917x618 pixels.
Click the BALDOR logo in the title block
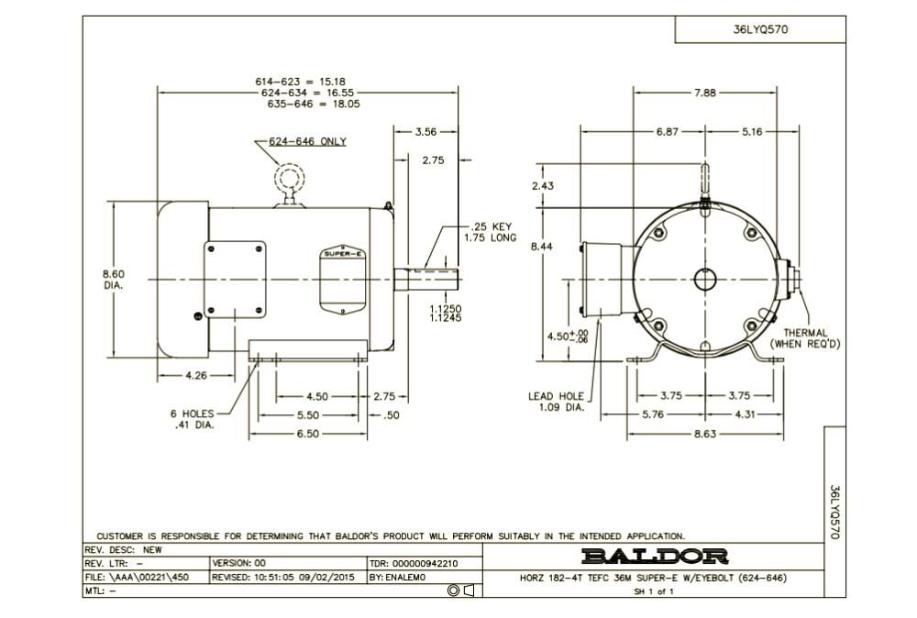(x=655, y=557)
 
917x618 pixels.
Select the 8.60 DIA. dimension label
(x=114, y=279)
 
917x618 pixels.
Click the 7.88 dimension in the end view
(x=705, y=93)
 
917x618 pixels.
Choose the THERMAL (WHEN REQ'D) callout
(x=805, y=338)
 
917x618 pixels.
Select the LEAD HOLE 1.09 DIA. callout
(x=556, y=402)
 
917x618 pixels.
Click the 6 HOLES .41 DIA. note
(x=194, y=419)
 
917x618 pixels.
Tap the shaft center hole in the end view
(x=705, y=279)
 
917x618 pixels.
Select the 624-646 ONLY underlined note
(x=307, y=142)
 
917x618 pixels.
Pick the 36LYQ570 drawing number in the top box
(x=760, y=28)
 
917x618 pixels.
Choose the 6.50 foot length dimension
(x=307, y=433)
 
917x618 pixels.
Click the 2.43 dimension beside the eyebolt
(x=543, y=186)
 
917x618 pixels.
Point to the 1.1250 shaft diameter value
(x=446, y=309)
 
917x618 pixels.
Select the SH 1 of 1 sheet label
(x=654, y=591)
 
